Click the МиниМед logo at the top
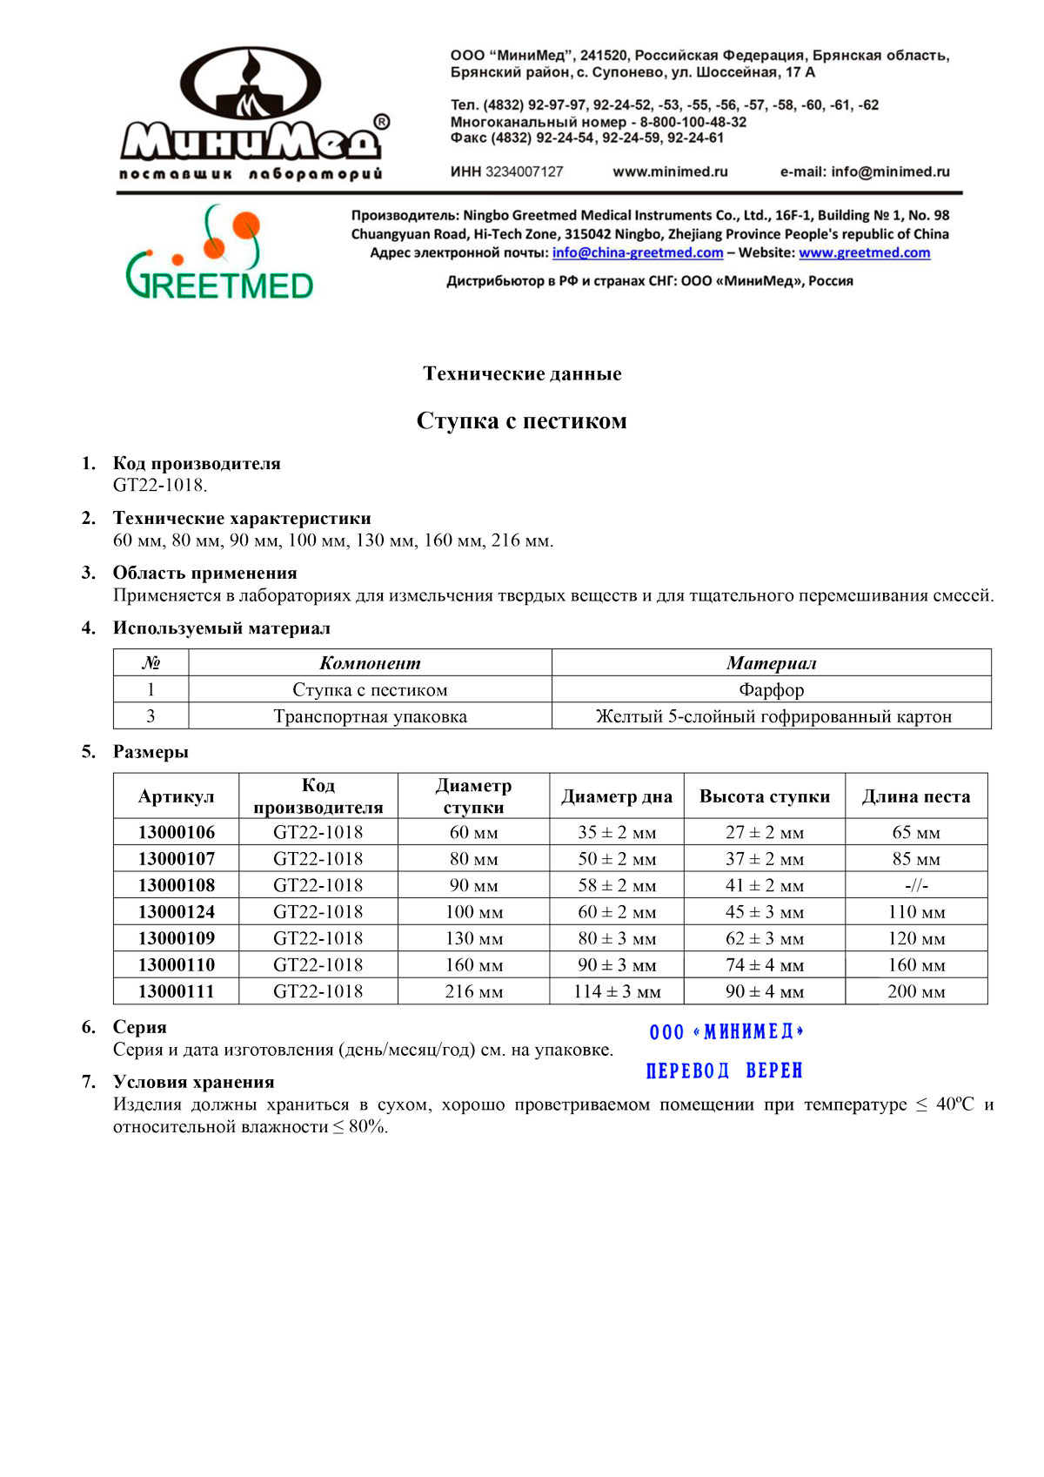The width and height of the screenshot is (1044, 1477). pyautogui.click(x=252, y=113)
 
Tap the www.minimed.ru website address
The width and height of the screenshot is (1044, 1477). pyautogui.click(x=670, y=171)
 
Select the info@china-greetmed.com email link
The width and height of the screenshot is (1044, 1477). pyautogui.click(x=638, y=252)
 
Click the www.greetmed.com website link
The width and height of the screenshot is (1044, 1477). pyautogui.click(x=864, y=252)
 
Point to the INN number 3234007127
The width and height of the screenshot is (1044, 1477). pyautogui.click(x=524, y=171)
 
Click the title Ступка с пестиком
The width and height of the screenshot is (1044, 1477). pyautogui.click(x=521, y=421)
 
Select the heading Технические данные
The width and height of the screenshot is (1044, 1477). pyautogui.click(x=522, y=373)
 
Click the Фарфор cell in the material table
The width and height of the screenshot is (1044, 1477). pyautogui.click(x=771, y=689)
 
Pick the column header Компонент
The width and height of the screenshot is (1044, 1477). pyautogui.click(x=370, y=663)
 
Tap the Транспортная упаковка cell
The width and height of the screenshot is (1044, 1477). pyautogui.click(x=370, y=716)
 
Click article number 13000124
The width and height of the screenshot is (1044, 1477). pyautogui.click(x=176, y=912)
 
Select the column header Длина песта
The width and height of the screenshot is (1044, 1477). pyautogui.click(x=915, y=796)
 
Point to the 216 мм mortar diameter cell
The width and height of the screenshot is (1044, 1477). pyautogui.click(x=473, y=991)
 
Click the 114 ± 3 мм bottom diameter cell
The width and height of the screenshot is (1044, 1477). pyautogui.click(x=617, y=991)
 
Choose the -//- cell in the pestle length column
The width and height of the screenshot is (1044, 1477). pyautogui.click(x=916, y=885)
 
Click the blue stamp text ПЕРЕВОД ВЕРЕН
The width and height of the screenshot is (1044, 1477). pyautogui.click(x=724, y=1071)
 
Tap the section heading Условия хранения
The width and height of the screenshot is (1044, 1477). pyautogui.click(x=193, y=1082)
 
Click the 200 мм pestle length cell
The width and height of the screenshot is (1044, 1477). pyautogui.click(x=916, y=991)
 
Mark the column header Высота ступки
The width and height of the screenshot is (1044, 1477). pyautogui.click(x=764, y=796)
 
